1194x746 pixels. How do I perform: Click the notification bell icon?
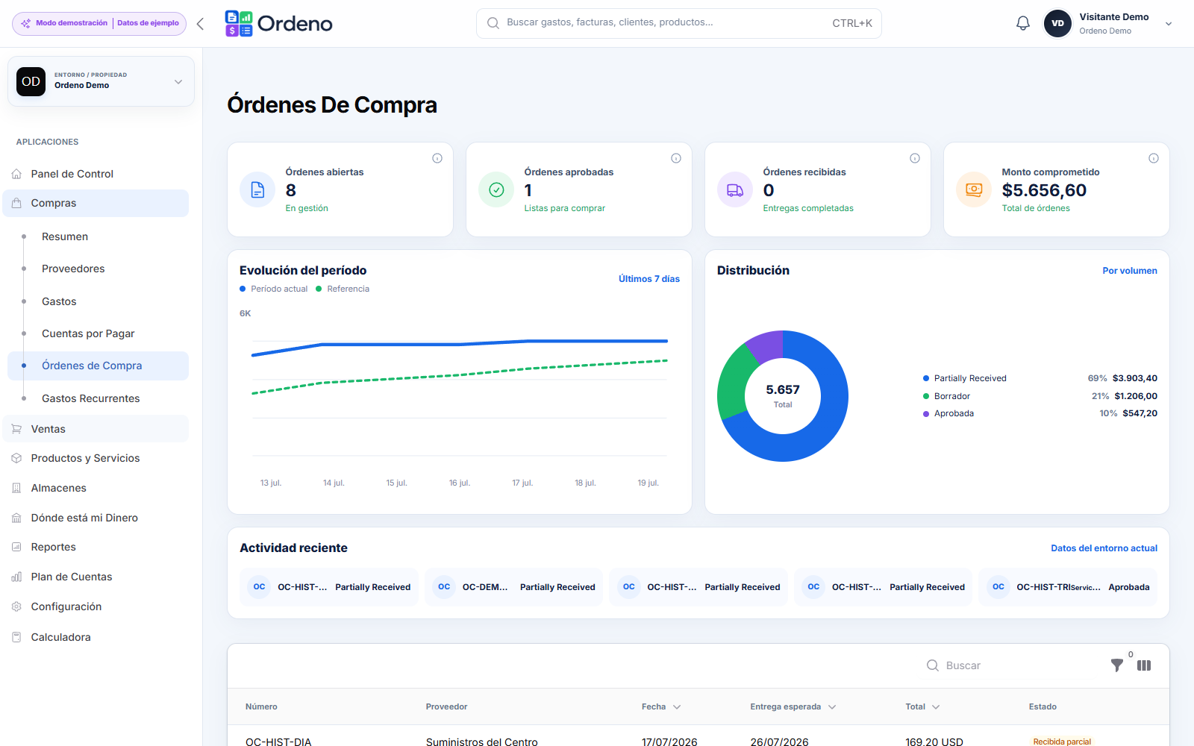1022,23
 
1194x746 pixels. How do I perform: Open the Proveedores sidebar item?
73,269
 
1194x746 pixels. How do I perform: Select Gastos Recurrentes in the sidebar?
90,398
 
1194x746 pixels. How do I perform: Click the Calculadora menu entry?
60,637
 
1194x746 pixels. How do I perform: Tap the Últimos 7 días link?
648,279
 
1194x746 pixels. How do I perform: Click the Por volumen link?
1130,271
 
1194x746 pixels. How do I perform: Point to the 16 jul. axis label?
459,483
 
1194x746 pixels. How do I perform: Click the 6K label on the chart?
246,313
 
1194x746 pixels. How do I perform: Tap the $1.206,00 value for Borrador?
1135,396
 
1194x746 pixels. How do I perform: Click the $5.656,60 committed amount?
1044,190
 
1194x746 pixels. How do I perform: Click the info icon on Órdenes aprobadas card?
676,158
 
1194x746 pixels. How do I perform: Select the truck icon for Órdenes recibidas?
734,189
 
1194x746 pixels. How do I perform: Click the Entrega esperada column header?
785,706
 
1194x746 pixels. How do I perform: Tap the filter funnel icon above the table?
1116,665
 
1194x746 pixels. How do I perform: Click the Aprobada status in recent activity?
1129,587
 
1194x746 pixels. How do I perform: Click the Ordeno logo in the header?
278,23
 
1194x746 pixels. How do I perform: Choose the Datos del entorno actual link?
1104,548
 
